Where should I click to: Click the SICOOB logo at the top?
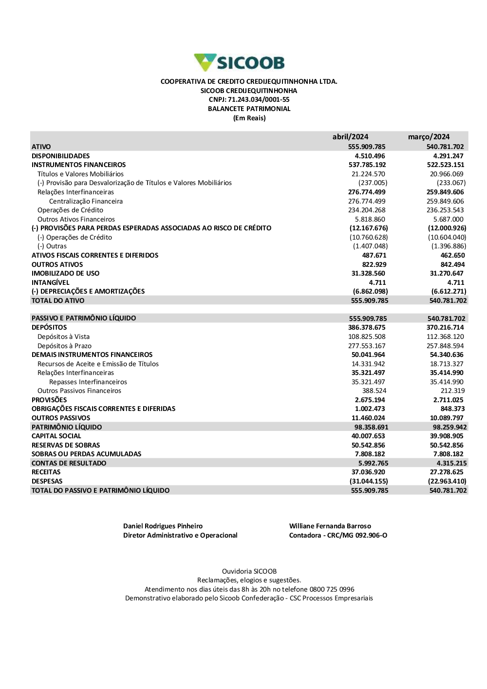coord(239,62)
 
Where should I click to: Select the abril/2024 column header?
coord(350,137)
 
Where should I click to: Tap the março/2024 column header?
coord(429,137)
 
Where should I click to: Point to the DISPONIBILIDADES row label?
coord(61,156)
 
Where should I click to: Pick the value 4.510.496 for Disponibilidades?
coord(370,156)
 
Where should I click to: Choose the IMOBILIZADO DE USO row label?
coord(65,273)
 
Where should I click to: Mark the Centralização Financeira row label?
coord(86,201)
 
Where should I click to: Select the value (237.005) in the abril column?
coord(373,183)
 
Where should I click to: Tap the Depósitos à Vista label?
coord(63,336)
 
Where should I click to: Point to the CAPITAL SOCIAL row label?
coord(56,436)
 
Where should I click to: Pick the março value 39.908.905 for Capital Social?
coord(447,436)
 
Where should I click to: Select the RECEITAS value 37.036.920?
coord(368,472)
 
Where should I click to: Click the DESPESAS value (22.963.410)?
coord(447,481)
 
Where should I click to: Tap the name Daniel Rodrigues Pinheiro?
coord(163,526)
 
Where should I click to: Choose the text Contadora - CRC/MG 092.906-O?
coord(338,535)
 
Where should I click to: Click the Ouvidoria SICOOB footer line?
coord(249,571)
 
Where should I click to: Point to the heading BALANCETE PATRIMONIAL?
coord(249,109)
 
